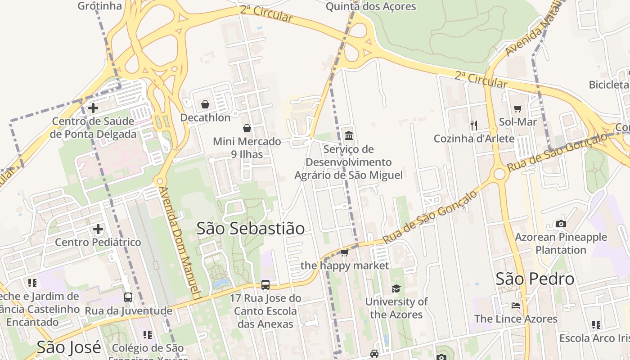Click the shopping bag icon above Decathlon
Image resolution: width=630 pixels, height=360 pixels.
coord(205,104)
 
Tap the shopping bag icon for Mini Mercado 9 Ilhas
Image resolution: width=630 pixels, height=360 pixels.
coord(247,128)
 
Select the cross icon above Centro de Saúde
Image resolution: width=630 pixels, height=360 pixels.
coord(93,108)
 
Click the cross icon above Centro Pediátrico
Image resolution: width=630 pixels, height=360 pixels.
coord(98,229)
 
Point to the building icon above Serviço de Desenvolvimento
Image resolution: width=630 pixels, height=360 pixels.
coord(348,135)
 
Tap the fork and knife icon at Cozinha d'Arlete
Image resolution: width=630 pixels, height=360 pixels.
coord(473,125)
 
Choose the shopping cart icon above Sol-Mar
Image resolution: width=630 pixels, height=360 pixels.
coord(518,108)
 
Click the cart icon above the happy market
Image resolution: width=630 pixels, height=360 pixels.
coord(344,252)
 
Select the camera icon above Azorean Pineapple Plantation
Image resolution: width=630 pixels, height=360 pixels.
coord(561,224)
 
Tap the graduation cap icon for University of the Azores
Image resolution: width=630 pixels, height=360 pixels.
coord(396,288)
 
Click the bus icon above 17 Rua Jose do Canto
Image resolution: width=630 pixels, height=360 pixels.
coord(265,285)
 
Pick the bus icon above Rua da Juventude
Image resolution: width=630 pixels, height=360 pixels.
coord(128,297)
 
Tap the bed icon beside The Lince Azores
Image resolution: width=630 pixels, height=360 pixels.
coord(516,306)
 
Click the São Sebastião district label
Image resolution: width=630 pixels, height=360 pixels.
coord(250,229)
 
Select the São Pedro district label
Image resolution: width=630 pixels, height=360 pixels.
coord(535,279)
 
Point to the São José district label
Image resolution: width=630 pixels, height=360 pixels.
coord(68,347)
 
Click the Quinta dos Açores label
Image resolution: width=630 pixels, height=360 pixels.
coord(371,6)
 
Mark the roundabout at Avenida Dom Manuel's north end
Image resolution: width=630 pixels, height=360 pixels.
coord(159,182)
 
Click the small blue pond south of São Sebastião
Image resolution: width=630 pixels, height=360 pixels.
coord(221,283)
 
